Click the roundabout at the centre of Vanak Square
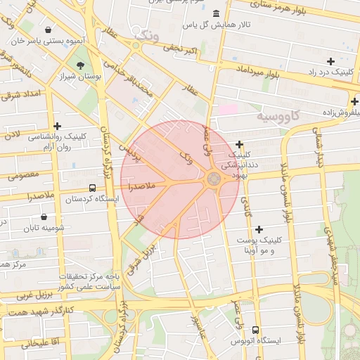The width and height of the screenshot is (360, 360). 214,180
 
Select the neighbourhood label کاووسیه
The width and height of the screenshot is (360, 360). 278,114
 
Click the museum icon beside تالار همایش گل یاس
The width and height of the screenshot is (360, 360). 214,15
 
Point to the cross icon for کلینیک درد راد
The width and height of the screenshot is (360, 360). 330,62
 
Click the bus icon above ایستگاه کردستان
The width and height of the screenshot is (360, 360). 92,188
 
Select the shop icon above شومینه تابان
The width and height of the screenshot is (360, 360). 45,217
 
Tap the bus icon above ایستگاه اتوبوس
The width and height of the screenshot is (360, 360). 255,329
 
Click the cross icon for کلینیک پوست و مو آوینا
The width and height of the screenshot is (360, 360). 259,229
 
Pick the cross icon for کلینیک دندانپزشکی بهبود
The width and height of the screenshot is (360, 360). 239,144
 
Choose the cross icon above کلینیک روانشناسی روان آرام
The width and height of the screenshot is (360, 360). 57,125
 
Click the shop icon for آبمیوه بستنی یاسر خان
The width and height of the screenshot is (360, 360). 47,30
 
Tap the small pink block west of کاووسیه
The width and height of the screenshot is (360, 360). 227,109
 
